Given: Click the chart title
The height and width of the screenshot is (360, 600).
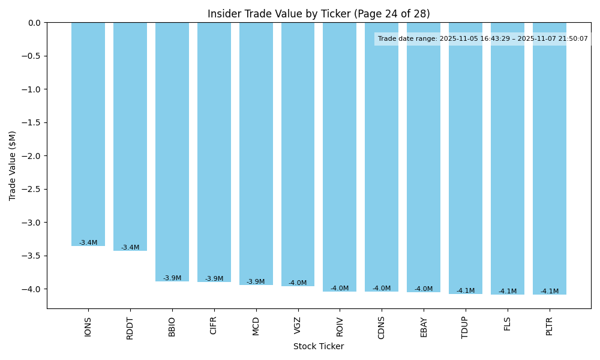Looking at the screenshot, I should [319, 14].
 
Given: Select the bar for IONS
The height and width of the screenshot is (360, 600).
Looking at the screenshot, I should [88, 132].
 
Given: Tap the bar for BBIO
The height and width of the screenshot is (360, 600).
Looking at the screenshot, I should [172, 150].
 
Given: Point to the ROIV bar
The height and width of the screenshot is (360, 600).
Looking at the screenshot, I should [340, 156].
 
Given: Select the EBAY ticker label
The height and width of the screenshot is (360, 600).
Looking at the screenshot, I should [424, 328].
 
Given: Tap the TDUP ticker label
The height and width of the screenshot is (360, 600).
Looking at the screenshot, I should [466, 328].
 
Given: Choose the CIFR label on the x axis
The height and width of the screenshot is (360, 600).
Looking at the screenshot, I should [214, 327].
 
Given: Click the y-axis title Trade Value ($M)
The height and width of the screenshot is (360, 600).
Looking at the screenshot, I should [13, 166].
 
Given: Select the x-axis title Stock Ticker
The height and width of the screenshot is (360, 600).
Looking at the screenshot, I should [319, 347].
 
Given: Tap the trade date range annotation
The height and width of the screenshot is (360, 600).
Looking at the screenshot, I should [483, 39].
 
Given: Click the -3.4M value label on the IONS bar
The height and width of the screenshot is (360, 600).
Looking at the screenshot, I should [88, 243].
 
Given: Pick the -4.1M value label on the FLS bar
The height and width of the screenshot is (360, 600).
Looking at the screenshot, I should [508, 292].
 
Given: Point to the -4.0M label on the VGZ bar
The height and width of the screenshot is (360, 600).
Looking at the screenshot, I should [298, 283].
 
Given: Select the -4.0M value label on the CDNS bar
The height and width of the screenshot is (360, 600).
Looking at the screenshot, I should [382, 289].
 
